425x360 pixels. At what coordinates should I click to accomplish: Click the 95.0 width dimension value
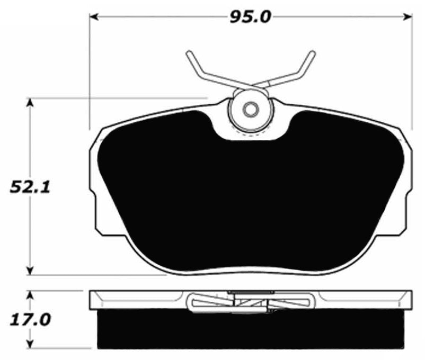click(x=251, y=16)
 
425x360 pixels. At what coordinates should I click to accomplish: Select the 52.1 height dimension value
click(x=30, y=187)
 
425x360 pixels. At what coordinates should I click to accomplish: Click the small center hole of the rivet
click(x=250, y=110)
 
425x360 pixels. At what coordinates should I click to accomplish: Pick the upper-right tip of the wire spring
click(x=312, y=53)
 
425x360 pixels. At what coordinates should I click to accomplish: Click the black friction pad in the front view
click(x=249, y=191)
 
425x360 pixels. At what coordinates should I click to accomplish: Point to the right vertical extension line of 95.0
click(x=412, y=74)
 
